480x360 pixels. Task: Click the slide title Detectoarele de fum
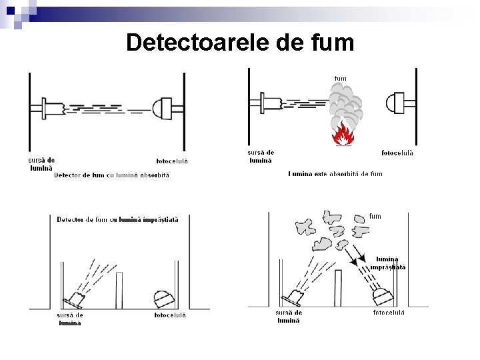pos(240,43)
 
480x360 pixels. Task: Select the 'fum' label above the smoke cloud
pos(340,79)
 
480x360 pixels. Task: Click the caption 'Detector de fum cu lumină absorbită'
pos(112,175)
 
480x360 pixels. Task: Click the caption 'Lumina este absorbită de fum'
pos(335,174)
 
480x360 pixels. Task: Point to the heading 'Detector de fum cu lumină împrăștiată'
pos(117,219)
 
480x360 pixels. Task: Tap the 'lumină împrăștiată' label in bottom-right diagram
pos(390,263)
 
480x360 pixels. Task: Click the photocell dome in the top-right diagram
pos(395,103)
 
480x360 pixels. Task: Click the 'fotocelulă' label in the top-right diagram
pos(397,153)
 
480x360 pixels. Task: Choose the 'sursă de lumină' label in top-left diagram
pos(41,164)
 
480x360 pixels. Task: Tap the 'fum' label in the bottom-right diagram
pos(375,216)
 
